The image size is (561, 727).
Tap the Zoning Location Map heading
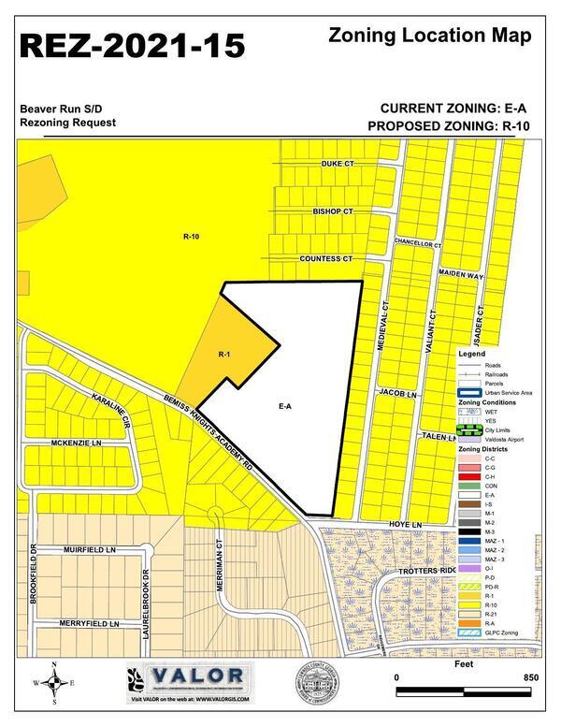pos(431,36)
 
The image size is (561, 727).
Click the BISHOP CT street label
pos(332,212)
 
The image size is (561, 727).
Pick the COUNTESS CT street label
pos(325,258)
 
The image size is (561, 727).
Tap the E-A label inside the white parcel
pos(285,407)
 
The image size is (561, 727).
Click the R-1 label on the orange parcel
pos(224,355)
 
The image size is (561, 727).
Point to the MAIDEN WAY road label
pos(461,276)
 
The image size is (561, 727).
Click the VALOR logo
pos(192,676)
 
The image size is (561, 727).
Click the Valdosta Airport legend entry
pos(503,440)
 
